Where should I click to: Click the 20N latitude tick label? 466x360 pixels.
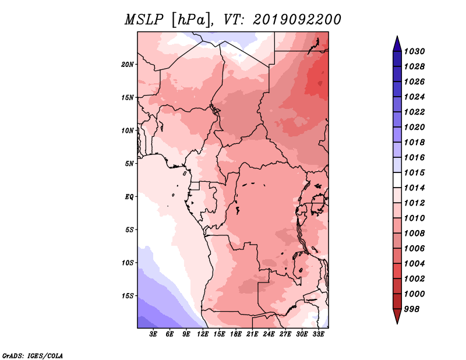click(128, 65)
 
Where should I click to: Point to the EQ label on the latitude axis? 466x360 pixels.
click(129, 197)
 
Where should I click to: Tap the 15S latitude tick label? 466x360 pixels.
click(128, 296)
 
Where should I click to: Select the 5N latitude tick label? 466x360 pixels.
click(129, 164)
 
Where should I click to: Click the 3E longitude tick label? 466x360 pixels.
click(153, 334)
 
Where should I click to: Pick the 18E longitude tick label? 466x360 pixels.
click(236, 334)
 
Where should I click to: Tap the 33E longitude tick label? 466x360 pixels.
click(318, 334)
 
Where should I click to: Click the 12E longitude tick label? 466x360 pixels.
click(203, 334)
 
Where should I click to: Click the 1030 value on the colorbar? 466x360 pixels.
click(414, 51)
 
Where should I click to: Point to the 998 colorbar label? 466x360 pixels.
click(412, 309)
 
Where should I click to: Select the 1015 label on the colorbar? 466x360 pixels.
click(414, 172)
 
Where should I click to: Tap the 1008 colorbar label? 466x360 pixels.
click(414, 234)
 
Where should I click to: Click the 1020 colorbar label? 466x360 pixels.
click(414, 127)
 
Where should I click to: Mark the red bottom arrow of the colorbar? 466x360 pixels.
click(397, 315)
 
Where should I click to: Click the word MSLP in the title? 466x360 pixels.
click(144, 20)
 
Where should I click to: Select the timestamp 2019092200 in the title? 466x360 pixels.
click(297, 20)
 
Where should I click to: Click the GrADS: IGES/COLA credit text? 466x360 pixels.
click(33, 356)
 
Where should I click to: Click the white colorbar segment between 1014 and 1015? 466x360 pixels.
click(397, 180)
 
